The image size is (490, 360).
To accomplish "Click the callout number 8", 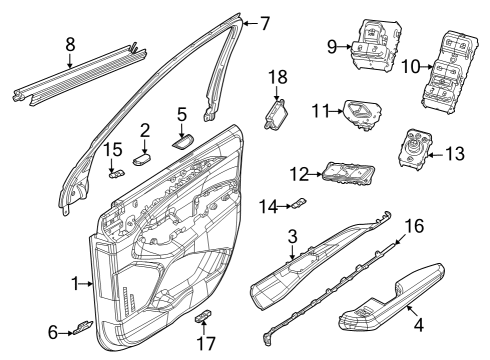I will click(x=68, y=44).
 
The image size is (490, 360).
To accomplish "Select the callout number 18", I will click(x=278, y=77).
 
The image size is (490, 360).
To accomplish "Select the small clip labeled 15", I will click(x=116, y=171).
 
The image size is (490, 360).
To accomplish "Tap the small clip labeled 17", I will click(x=203, y=319).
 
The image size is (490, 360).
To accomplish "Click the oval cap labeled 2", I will click(x=143, y=157).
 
